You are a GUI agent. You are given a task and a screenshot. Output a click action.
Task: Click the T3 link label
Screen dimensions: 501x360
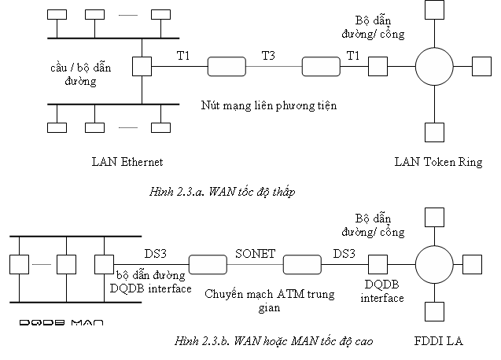click(268, 56)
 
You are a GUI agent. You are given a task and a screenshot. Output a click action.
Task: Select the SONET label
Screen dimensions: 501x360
click(256, 254)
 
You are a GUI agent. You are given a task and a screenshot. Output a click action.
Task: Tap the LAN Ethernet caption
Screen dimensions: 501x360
click(127, 162)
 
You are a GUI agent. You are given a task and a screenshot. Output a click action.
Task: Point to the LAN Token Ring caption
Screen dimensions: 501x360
click(438, 162)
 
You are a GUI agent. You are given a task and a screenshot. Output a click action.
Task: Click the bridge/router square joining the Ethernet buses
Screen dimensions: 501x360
click(142, 67)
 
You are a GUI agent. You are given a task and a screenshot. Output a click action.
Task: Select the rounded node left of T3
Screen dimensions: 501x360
click(227, 67)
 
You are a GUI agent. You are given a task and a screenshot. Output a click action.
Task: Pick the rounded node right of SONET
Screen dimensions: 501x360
click(302, 264)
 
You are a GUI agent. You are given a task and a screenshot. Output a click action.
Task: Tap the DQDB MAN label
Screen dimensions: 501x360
click(61, 322)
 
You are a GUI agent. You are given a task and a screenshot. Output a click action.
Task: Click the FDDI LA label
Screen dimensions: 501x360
click(438, 341)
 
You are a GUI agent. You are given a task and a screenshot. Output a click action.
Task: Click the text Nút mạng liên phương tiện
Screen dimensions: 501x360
click(269, 106)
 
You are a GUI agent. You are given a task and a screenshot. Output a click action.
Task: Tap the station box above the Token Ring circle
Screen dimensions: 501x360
click(434, 9)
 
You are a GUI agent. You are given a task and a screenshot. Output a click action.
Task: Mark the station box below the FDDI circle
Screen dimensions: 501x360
click(434, 311)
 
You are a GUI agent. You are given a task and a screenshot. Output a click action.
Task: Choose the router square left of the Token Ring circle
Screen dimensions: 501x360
click(378, 67)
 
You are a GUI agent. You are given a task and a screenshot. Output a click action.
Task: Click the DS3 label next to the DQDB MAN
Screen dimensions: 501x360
click(156, 254)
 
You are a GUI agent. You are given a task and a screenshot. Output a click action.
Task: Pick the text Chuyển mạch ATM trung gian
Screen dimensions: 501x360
click(269, 300)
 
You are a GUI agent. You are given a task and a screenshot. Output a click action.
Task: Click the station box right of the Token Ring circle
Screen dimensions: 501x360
click(482, 67)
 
